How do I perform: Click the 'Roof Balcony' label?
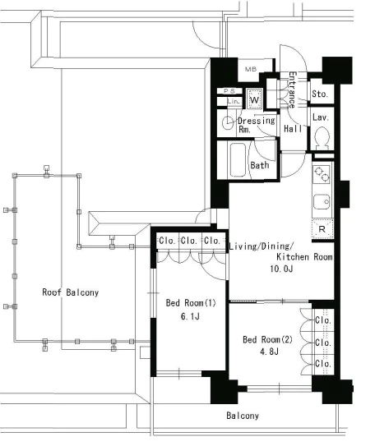coord(71,292)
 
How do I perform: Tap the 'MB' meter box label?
coord(251,69)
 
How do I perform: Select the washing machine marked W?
coord(254,99)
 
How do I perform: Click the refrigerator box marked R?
coord(322,228)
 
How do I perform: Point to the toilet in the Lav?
coord(322,138)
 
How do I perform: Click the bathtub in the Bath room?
coord(238,159)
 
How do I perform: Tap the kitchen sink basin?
coord(322,202)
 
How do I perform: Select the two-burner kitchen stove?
coord(322,174)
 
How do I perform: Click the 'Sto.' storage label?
coord(319,94)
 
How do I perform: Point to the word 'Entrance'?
coord(293,90)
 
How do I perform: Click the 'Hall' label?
coord(293,129)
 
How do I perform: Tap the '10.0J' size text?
coord(281,269)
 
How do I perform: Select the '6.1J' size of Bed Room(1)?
coord(190,316)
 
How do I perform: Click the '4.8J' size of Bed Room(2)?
coord(269,352)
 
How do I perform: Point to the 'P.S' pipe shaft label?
coord(229,91)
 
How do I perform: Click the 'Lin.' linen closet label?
coord(234,101)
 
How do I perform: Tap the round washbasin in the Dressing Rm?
coord(228,123)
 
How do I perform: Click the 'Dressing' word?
coord(257,121)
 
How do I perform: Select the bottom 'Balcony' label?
coord(243,416)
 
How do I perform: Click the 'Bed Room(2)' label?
coord(267,339)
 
